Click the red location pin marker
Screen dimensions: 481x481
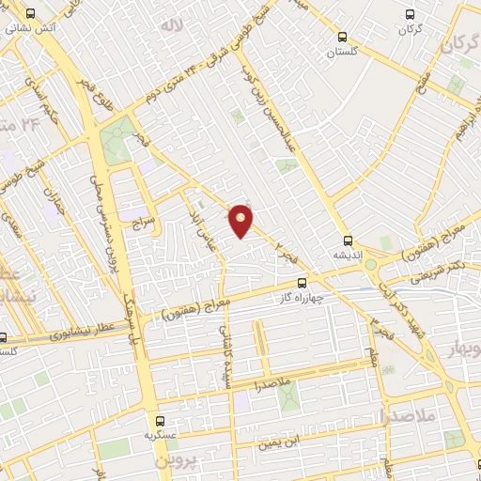coord(241,219)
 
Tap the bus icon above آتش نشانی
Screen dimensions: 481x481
coord(31,14)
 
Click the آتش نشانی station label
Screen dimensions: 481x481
coord(32,28)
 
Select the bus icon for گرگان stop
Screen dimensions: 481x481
coord(408,14)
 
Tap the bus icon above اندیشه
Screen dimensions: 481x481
coord(349,240)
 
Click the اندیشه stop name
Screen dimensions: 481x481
coord(349,254)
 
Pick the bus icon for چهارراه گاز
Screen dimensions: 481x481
coord(302,283)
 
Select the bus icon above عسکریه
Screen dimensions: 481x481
coord(160,421)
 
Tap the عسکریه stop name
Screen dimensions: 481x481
coord(160,435)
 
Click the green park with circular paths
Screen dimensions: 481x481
coord(117,140)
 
